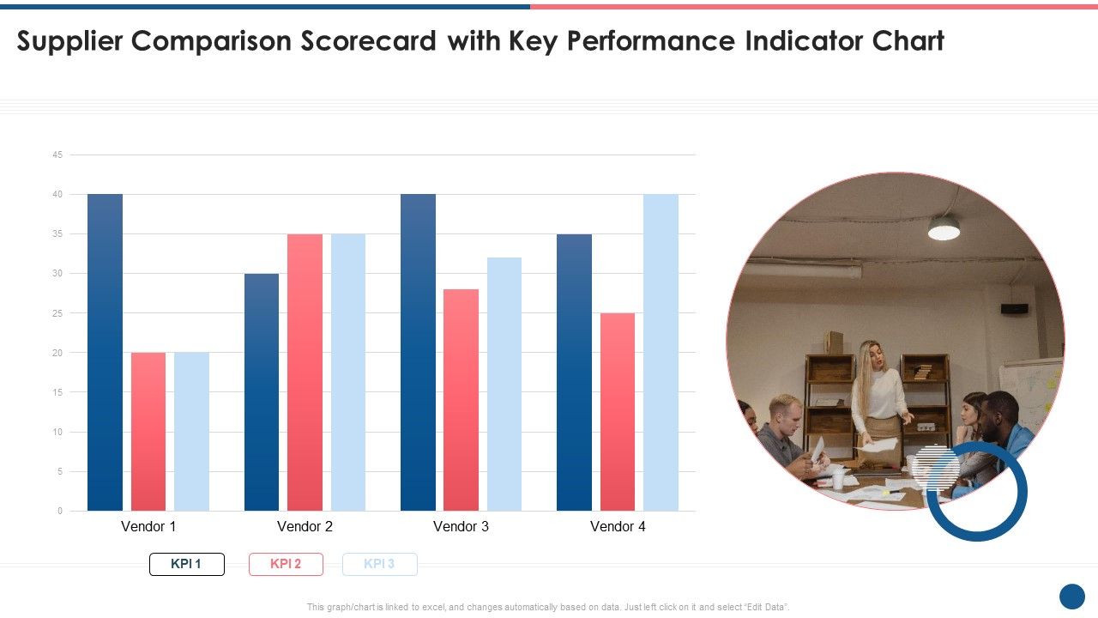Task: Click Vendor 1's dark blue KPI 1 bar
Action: (105, 352)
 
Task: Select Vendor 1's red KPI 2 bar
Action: (148, 431)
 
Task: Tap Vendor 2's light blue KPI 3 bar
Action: (348, 372)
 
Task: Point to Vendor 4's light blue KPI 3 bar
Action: (661, 352)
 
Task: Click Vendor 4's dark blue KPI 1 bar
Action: (574, 372)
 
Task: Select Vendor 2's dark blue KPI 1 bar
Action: (262, 391)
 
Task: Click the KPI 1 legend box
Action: (187, 564)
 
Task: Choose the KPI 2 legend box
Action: (286, 564)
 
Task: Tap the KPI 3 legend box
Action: (379, 564)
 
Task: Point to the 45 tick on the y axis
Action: (57, 155)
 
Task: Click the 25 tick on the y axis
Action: (57, 313)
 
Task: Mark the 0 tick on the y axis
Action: (60, 512)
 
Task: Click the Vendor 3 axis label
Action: (461, 526)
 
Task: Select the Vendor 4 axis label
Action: (618, 526)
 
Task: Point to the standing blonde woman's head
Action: (871, 354)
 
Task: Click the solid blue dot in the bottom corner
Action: (1072, 596)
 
